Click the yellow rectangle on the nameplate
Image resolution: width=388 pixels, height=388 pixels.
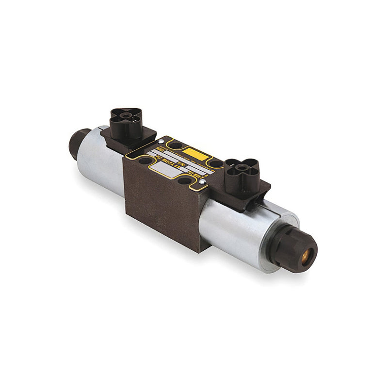[x=197, y=155]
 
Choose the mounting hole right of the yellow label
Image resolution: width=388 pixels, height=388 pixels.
[x=215, y=163]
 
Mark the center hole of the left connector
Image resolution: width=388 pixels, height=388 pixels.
[x=125, y=116]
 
